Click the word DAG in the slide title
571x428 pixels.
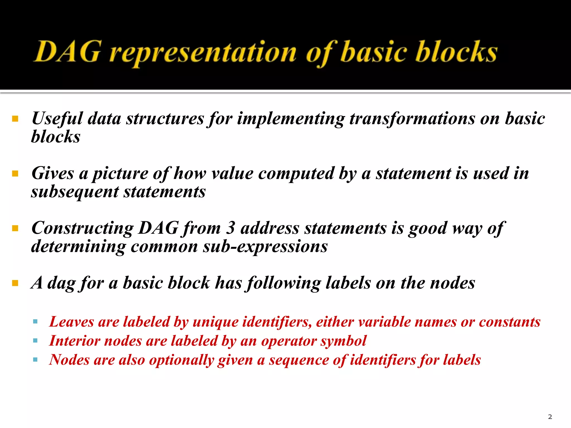pyautogui.click(x=67, y=52)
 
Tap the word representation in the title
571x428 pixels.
pyautogui.click(x=203, y=53)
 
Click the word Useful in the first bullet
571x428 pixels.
pyautogui.click(x=57, y=119)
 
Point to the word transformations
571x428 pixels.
pyautogui.click(x=412, y=119)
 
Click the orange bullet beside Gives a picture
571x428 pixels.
pyautogui.click(x=15, y=174)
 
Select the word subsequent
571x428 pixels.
pyautogui.click(x=75, y=192)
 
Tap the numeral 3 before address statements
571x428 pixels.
pyautogui.click(x=230, y=228)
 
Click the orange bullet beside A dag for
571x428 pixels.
pyautogui.click(x=15, y=283)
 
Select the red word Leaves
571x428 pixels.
pyautogui.click(x=71, y=322)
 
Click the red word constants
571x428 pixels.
pyautogui.click(x=510, y=322)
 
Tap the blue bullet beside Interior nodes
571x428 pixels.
pyautogui.click(x=35, y=341)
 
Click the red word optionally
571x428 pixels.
pyautogui.click(x=182, y=360)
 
